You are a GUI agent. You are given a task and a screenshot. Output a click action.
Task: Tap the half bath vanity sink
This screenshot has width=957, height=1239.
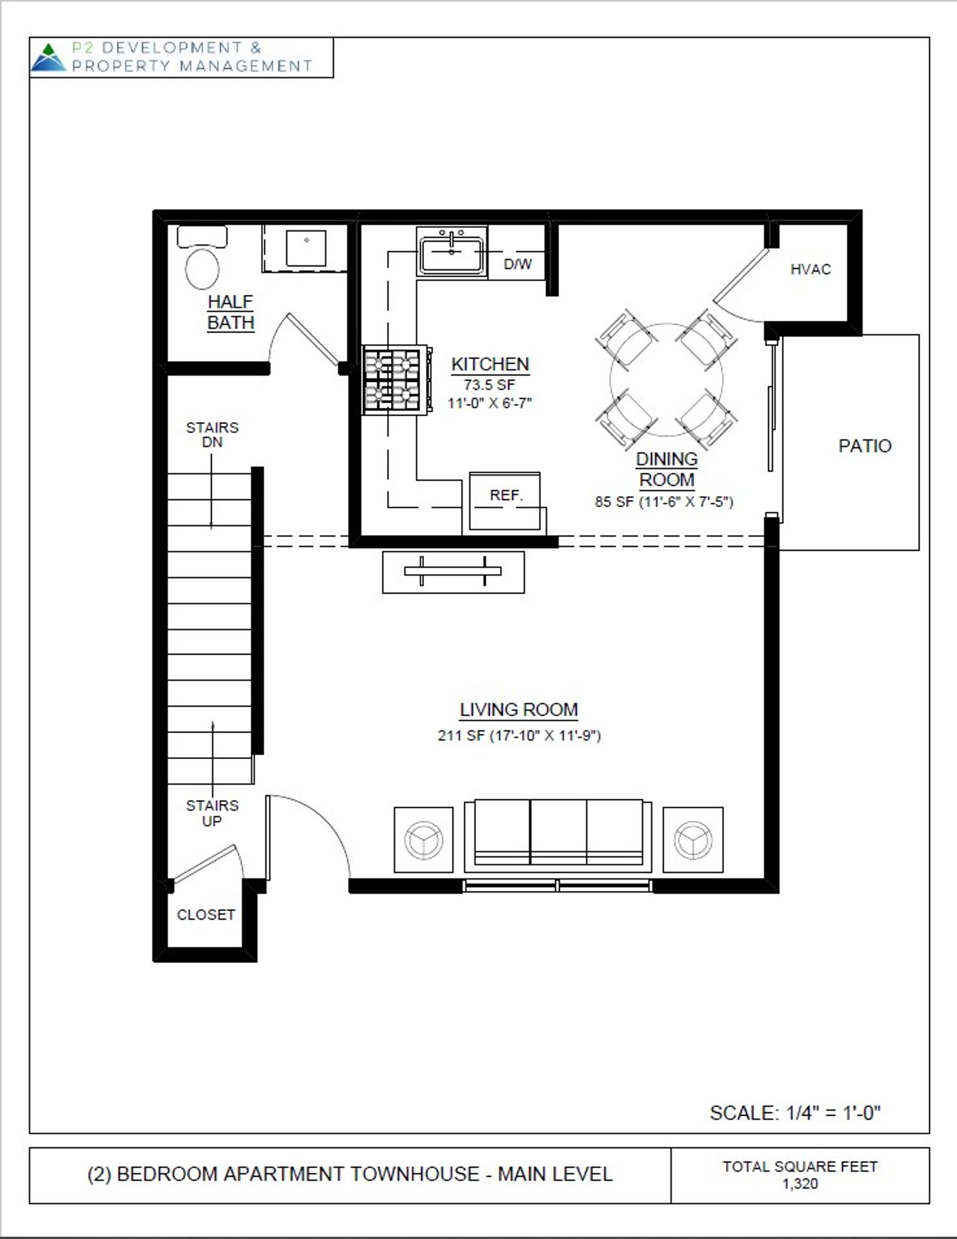click(306, 248)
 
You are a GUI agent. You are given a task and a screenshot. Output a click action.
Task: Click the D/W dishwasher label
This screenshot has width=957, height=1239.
click(518, 264)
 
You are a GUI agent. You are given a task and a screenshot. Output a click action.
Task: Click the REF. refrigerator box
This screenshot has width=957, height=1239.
click(505, 496)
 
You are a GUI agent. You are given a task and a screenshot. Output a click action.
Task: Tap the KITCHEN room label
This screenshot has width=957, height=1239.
click(490, 364)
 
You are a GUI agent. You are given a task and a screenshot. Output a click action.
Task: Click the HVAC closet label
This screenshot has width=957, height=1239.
click(811, 270)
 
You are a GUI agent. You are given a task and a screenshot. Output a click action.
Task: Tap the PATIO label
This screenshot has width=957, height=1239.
click(865, 446)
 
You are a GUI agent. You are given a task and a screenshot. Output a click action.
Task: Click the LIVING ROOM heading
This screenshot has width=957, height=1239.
click(519, 710)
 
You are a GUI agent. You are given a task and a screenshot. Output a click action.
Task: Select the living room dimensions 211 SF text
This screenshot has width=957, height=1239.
click(519, 736)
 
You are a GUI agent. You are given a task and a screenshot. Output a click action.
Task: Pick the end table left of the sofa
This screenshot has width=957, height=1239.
click(423, 839)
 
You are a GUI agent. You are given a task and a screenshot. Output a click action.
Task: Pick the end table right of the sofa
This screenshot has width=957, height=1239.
click(693, 839)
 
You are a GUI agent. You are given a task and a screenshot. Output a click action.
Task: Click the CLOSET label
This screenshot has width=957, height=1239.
click(205, 914)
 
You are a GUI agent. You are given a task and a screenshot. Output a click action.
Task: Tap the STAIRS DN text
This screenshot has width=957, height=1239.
click(212, 434)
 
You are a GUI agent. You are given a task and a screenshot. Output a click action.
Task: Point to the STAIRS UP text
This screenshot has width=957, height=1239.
click(212, 813)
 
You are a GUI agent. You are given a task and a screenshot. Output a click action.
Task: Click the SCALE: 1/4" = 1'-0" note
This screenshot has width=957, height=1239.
click(795, 1113)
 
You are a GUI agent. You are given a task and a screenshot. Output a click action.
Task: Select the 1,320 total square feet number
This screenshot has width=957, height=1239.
click(800, 1184)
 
